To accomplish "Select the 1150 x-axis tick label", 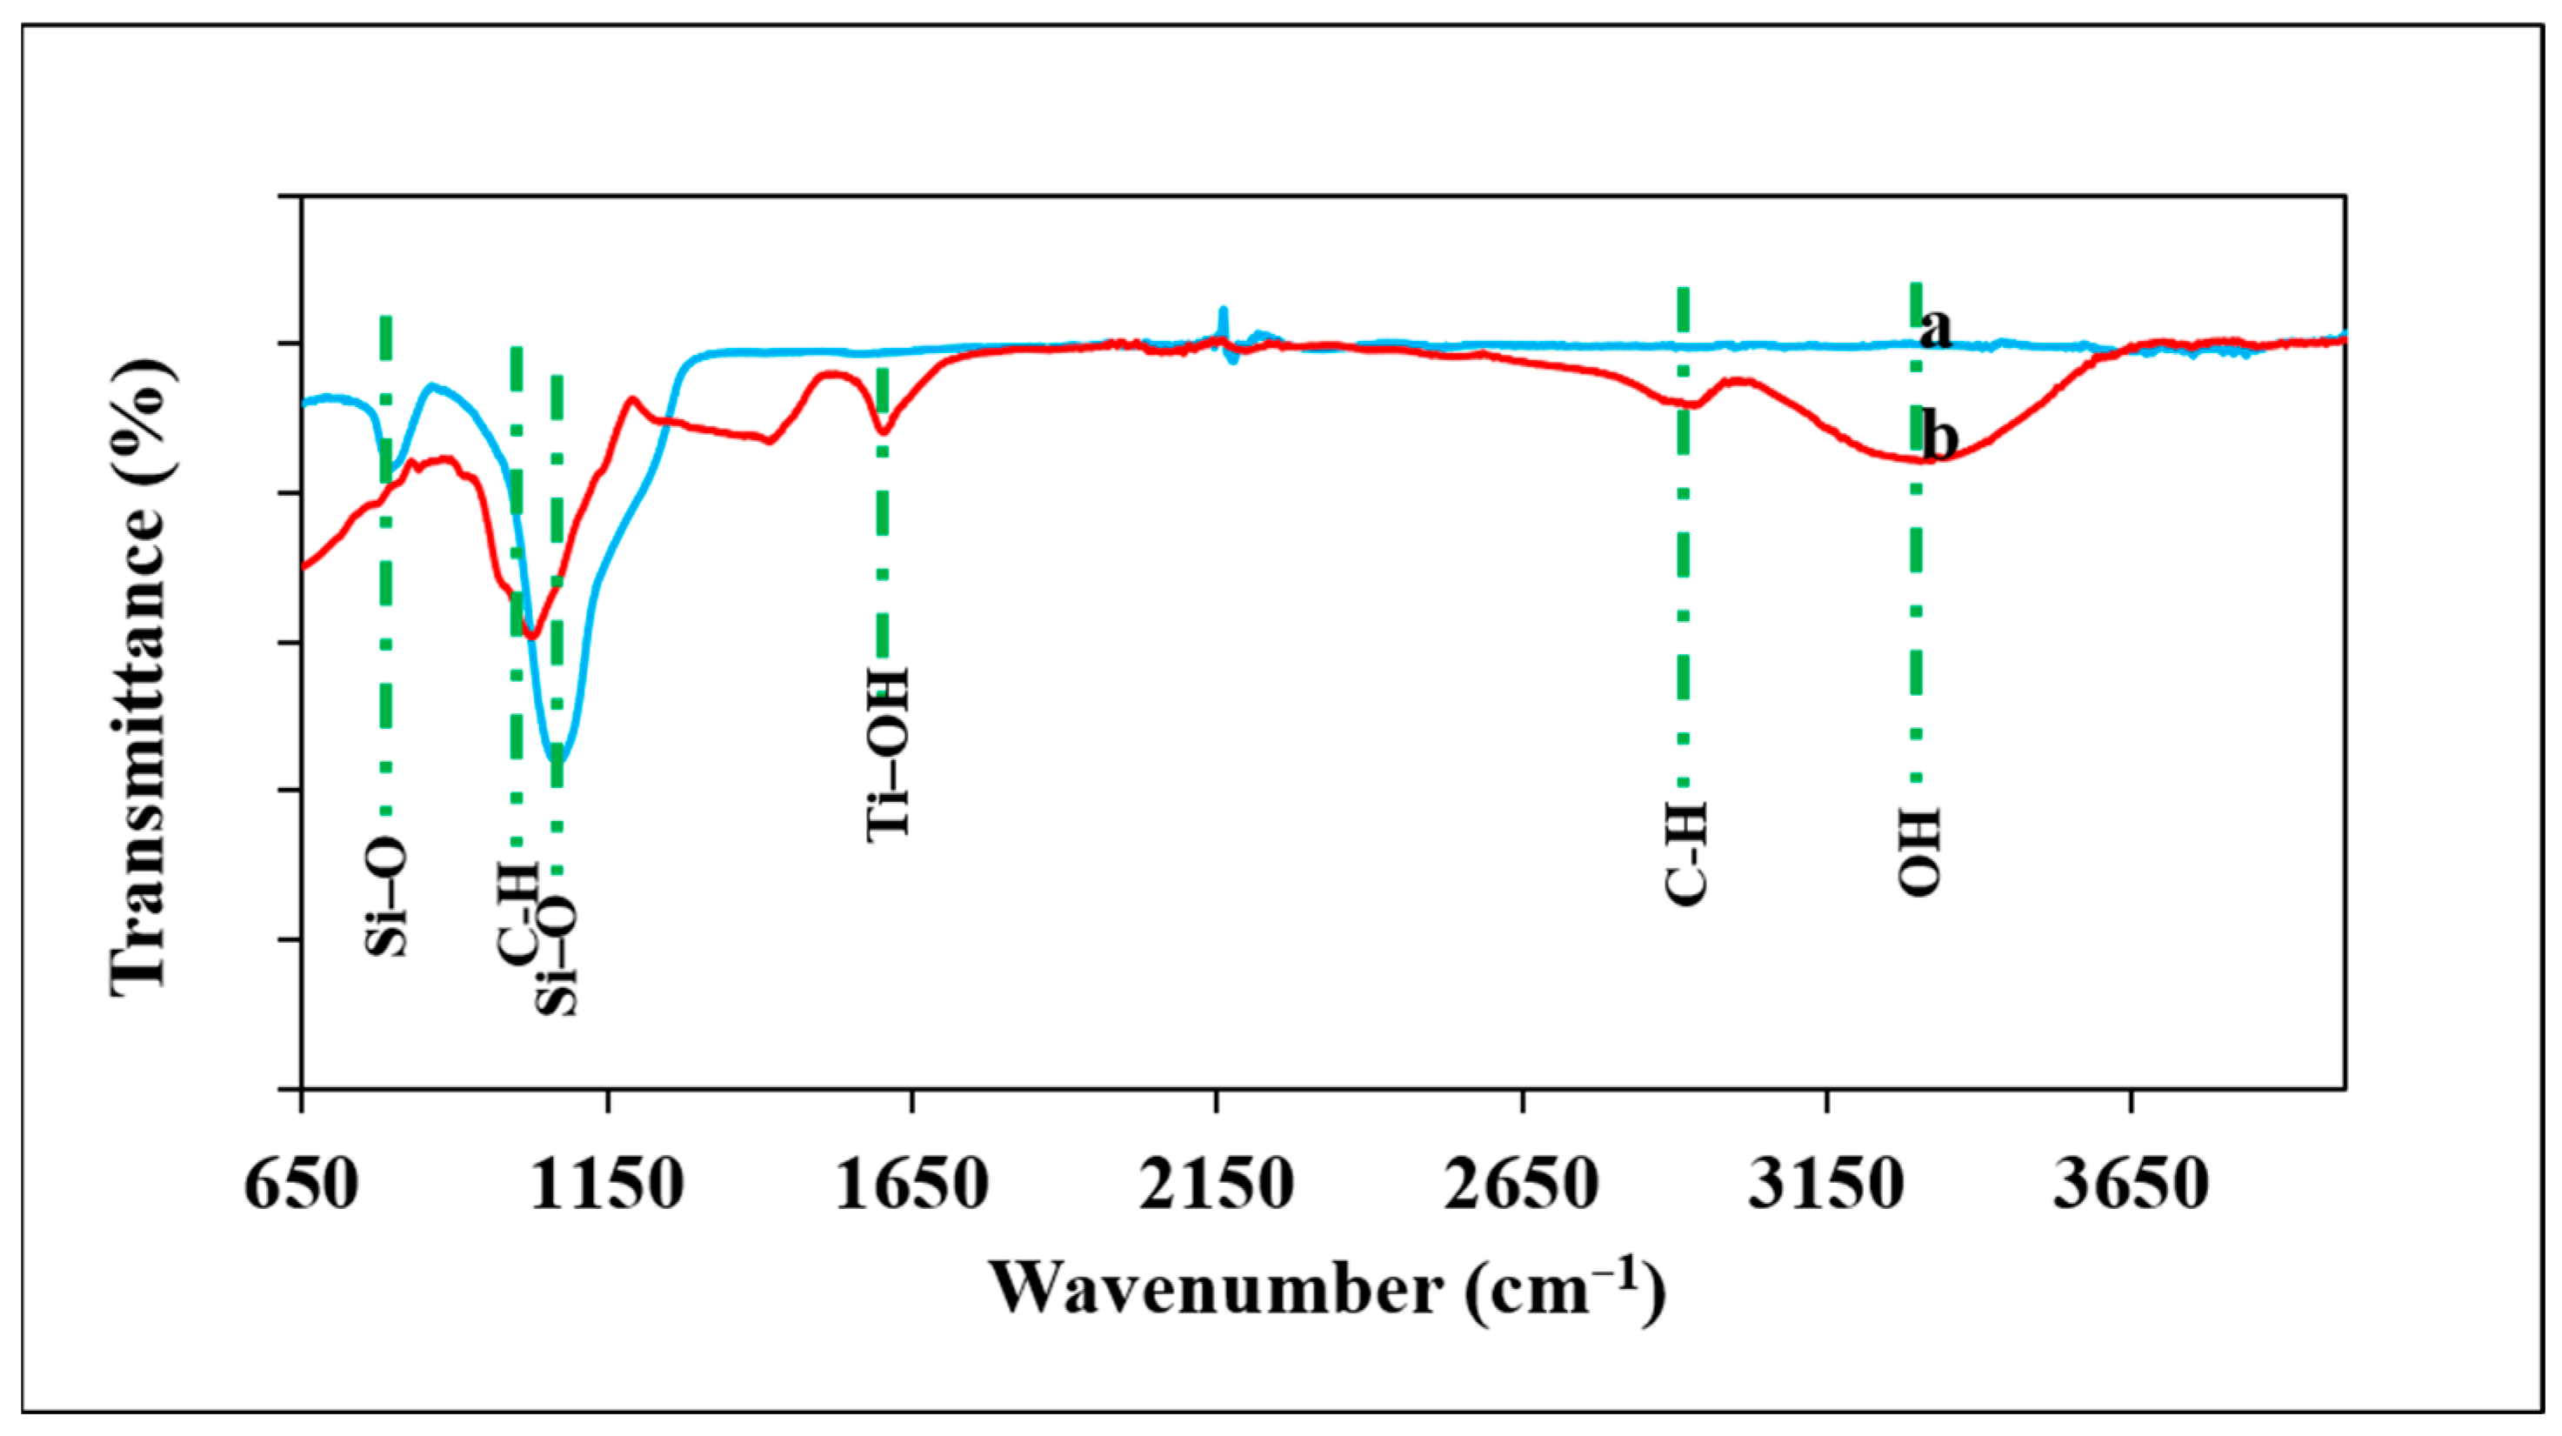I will pos(607,1186).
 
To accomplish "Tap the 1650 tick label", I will pos(911,1186).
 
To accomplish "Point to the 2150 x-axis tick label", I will pos(1216,1186).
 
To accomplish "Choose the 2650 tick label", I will pos(1521,1186).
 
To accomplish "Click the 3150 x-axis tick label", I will pos(1826,1186).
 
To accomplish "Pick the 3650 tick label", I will pos(2131,1186).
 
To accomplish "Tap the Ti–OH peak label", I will pos(887,754).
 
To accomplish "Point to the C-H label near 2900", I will pos(1685,853).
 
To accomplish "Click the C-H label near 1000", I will pos(517,915).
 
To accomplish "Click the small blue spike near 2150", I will pos(1224,311).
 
